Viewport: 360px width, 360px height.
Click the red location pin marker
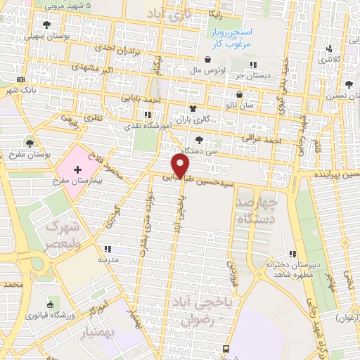(x=181, y=166)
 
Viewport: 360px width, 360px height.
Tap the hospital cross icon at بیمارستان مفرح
(x=77, y=170)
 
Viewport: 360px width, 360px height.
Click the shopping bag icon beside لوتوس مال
(x=208, y=60)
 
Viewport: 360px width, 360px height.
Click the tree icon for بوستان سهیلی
(x=46, y=25)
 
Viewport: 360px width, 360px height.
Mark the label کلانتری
(x=330, y=59)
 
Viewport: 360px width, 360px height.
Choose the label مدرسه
(x=108, y=259)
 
